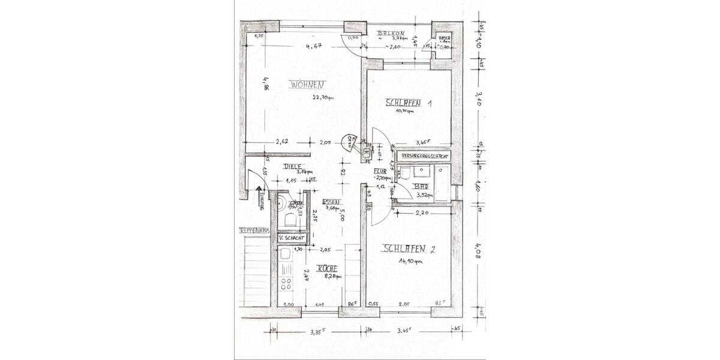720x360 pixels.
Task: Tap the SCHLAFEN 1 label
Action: [408, 103]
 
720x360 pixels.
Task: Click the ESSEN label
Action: [331, 202]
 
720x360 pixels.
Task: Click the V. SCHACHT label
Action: [291, 238]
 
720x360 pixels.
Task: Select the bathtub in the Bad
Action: [442, 184]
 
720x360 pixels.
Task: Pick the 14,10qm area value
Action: [411, 262]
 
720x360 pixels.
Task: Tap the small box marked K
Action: [366, 152]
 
